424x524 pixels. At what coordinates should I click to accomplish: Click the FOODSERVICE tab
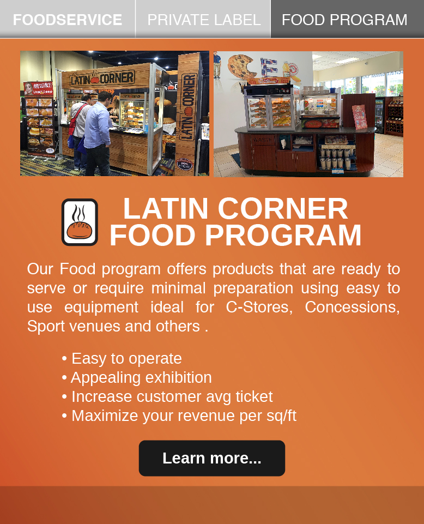coord(68,19)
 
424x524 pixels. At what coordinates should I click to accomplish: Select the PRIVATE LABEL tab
coord(203,19)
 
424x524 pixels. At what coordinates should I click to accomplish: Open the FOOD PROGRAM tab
coord(347,19)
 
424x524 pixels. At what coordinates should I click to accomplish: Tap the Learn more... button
coord(212,458)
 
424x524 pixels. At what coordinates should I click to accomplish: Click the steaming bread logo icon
coord(80,222)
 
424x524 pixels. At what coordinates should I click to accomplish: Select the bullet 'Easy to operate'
coord(122,359)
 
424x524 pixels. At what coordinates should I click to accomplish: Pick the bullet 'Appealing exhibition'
coord(137,378)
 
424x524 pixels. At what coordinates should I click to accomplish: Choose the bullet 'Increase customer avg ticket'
coord(167,396)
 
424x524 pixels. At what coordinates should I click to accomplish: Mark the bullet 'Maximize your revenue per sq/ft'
coord(179,415)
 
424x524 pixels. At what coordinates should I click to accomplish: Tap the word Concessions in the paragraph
coord(352,307)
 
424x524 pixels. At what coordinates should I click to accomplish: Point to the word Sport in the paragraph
coord(46,327)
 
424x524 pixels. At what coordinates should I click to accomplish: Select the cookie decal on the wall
coord(240,67)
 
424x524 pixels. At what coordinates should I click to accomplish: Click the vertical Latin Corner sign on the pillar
coord(188,107)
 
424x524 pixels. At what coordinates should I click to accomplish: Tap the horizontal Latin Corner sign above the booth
coord(102,79)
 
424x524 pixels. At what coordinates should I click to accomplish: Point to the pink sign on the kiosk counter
coord(360,117)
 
